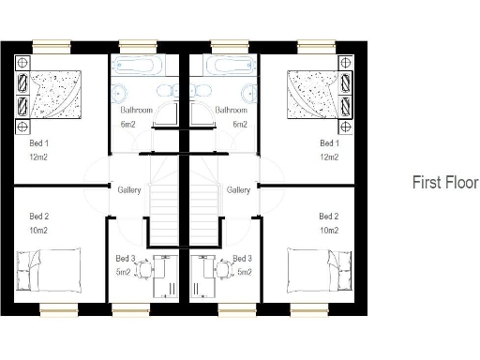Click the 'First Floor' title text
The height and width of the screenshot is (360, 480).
(x=445, y=183)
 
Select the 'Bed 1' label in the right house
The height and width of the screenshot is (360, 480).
(x=329, y=143)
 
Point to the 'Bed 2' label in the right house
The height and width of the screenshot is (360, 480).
(x=329, y=217)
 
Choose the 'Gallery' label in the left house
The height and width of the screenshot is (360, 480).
(x=129, y=190)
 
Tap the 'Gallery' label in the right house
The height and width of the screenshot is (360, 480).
(x=238, y=190)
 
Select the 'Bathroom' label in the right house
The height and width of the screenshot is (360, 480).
(x=231, y=110)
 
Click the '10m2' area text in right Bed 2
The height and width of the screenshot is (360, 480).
(x=329, y=231)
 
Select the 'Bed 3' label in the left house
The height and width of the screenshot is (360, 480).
(x=124, y=259)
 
